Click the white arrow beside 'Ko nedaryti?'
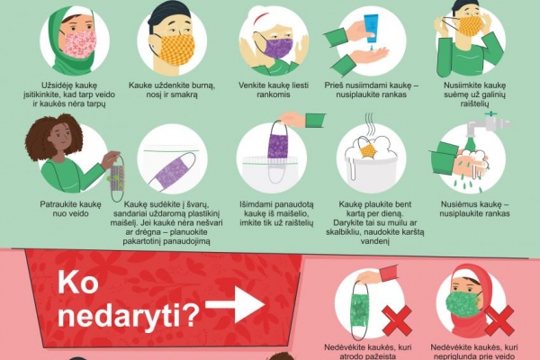point(236,304)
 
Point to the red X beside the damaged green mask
point(397,321)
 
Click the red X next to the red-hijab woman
point(499,321)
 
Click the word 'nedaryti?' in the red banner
point(128,316)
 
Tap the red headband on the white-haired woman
point(262,18)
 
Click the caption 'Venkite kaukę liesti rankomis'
point(274,90)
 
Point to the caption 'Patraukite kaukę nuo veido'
point(70,209)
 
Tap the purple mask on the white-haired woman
point(277,48)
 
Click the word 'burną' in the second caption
point(202,85)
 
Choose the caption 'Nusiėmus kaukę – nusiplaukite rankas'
point(474,209)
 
